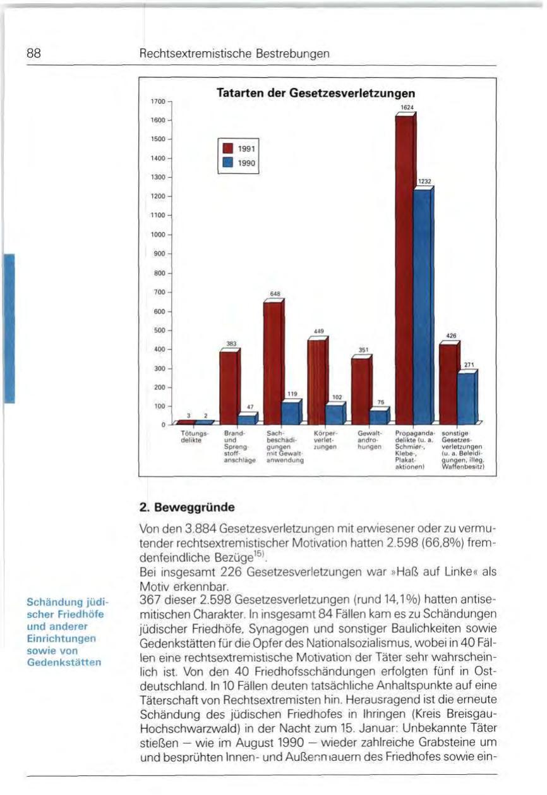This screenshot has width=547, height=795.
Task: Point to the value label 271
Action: click(469, 364)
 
